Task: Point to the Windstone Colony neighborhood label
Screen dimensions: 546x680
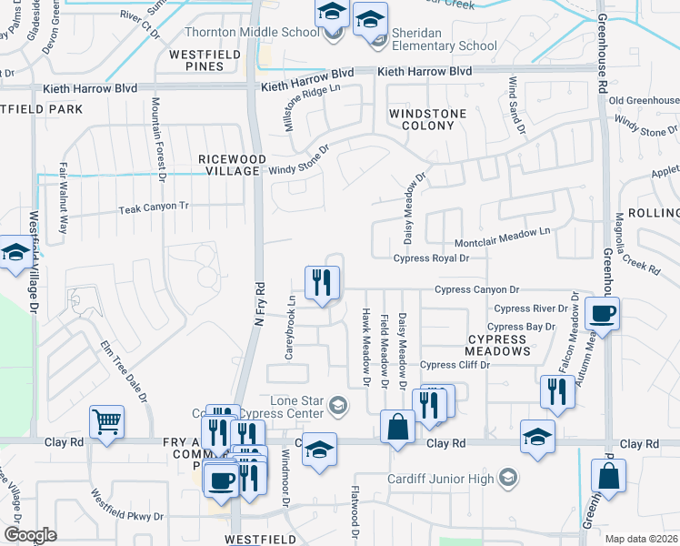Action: pos(427,120)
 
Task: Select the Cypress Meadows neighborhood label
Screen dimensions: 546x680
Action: pos(497,344)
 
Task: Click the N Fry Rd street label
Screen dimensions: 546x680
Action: pos(258,299)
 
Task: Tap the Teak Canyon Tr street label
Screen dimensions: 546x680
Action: pos(153,208)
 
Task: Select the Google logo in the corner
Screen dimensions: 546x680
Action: pos(29,535)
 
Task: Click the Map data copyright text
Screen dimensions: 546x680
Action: pos(642,539)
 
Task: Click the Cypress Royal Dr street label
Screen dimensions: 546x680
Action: pos(431,258)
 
